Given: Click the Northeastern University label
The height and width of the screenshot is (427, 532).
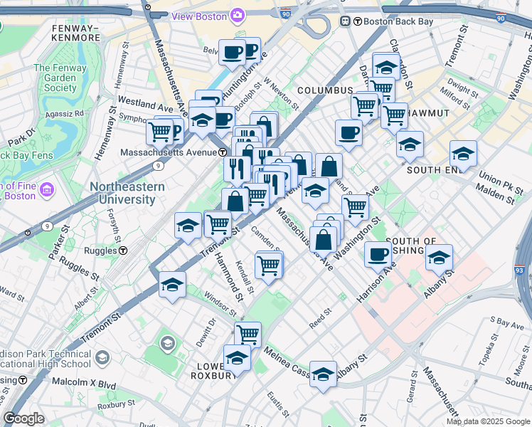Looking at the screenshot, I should coord(127,193).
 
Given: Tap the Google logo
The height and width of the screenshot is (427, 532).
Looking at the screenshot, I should coord(24,418).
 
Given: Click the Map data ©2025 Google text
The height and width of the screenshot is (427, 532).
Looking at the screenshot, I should coord(487,421).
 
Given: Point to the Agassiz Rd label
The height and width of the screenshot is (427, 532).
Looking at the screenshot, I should coord(70,112).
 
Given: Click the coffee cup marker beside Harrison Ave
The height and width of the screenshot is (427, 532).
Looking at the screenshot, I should coord(378,254).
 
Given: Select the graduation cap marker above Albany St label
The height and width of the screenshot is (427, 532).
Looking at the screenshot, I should coord(439,258).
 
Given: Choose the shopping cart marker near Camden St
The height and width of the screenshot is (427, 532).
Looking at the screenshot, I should coord(268,265).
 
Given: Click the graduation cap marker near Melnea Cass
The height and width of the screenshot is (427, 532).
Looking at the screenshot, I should coord(322,374).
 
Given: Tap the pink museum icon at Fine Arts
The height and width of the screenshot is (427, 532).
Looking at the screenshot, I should coord(47,190).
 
